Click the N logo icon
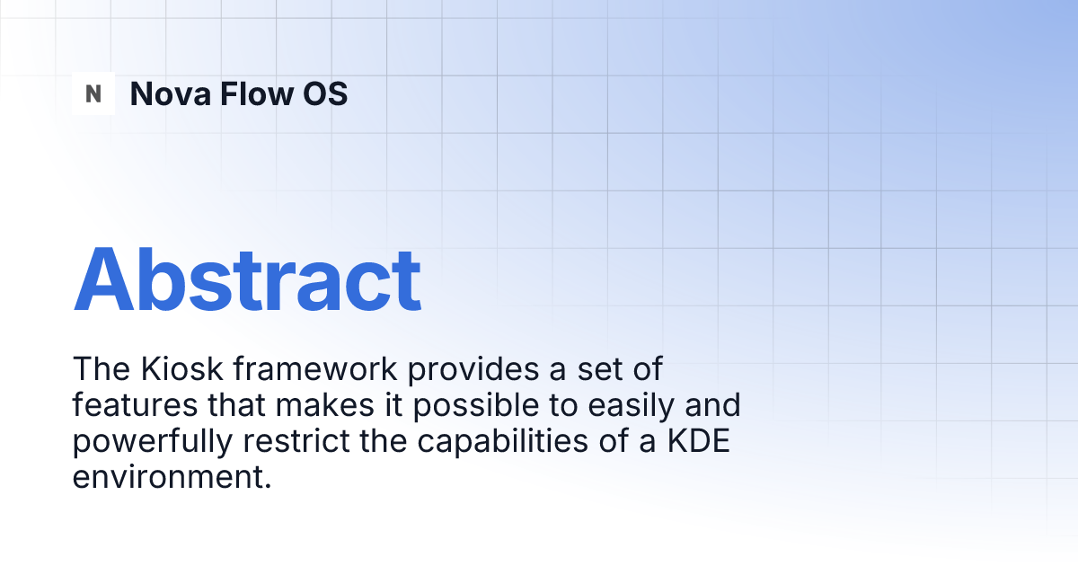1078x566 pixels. coord(93,93)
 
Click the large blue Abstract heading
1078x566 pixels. coord(247,278)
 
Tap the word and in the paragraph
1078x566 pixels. coord(712,405)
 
